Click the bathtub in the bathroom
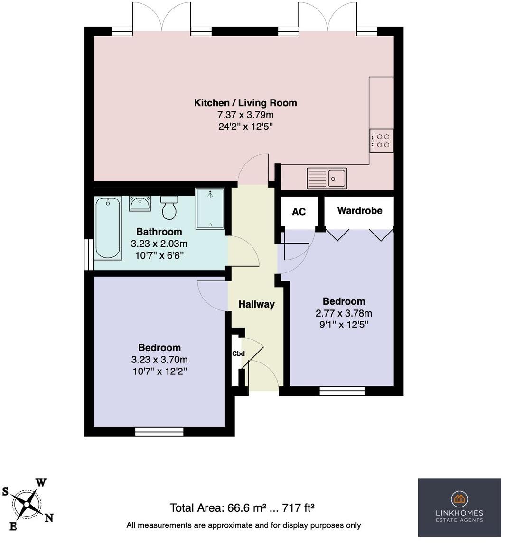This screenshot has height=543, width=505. [108, 228]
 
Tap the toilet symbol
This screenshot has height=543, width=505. [169, 208]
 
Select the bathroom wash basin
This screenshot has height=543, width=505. [140, 204]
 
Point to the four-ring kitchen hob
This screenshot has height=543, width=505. [381, 141]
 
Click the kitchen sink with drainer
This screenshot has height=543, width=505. [327, 178]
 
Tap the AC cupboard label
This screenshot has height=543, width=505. [299, 212]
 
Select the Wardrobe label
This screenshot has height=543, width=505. [359, 210]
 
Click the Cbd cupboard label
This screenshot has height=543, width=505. [238, 353]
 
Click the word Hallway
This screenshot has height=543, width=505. [256, 304]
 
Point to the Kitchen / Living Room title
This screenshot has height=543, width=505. [245, 103]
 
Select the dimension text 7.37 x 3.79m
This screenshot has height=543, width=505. [245, 115]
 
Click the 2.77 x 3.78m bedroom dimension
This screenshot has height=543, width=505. [344, 313]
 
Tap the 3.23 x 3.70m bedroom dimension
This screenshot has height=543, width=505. [159, 360]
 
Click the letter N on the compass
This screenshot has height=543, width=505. [49, 517]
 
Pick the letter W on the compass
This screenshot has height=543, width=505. [41, 483]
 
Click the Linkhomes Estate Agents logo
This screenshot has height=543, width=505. [459, 507]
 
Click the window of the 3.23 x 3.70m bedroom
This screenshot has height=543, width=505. [159, 431]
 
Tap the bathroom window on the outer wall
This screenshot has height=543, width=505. [88, 254]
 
